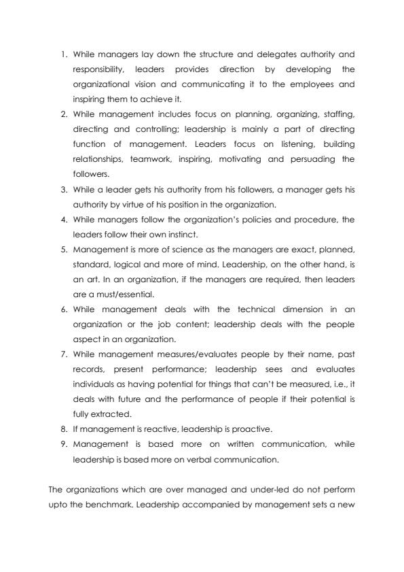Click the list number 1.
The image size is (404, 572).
pyautogui.click(x=63, y=53)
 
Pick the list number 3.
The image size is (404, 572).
pyautogui.click(x=63, y=188)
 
